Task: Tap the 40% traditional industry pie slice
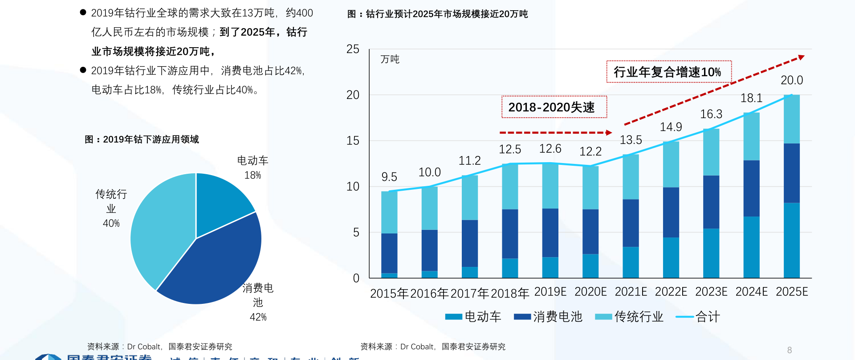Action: (x=160, y=227)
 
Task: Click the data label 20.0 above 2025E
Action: (x=792, y=80)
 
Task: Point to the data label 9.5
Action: (x=389, y=177)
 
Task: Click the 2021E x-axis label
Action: (x=631, y=292)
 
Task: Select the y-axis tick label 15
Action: (x=353, y=141)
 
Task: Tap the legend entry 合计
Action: (x=707, y=317)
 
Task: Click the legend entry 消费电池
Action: (x=557, y=317)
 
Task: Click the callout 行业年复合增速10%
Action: (x=668, y=72)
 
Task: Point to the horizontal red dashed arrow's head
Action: (x=609, y=132)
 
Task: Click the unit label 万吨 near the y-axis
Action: (x=390, y=59)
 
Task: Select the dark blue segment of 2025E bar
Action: (x=791, y=173)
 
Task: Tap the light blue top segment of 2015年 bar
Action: (x=389, y=212)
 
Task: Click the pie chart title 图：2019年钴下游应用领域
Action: (x=142, y=139)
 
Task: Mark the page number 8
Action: (x=790, y=350)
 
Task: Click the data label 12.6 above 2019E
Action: (x=550, y=149)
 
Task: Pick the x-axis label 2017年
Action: (x=470, y=293)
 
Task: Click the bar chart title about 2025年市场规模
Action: (x=437, y=14)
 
